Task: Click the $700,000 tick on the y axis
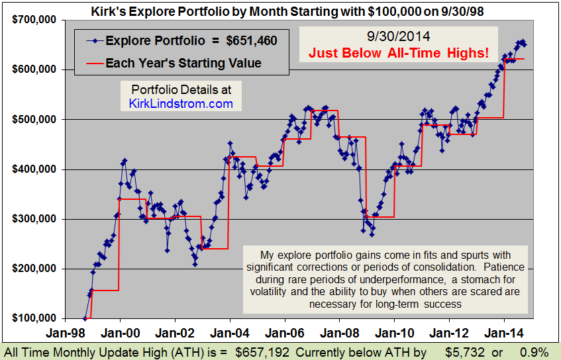coord(33,20)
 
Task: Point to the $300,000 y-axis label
coord(33,219)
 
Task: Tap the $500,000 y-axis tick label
coord(33,120)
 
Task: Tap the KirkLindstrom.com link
coord(181,104)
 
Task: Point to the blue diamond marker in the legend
coord(96,41)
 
